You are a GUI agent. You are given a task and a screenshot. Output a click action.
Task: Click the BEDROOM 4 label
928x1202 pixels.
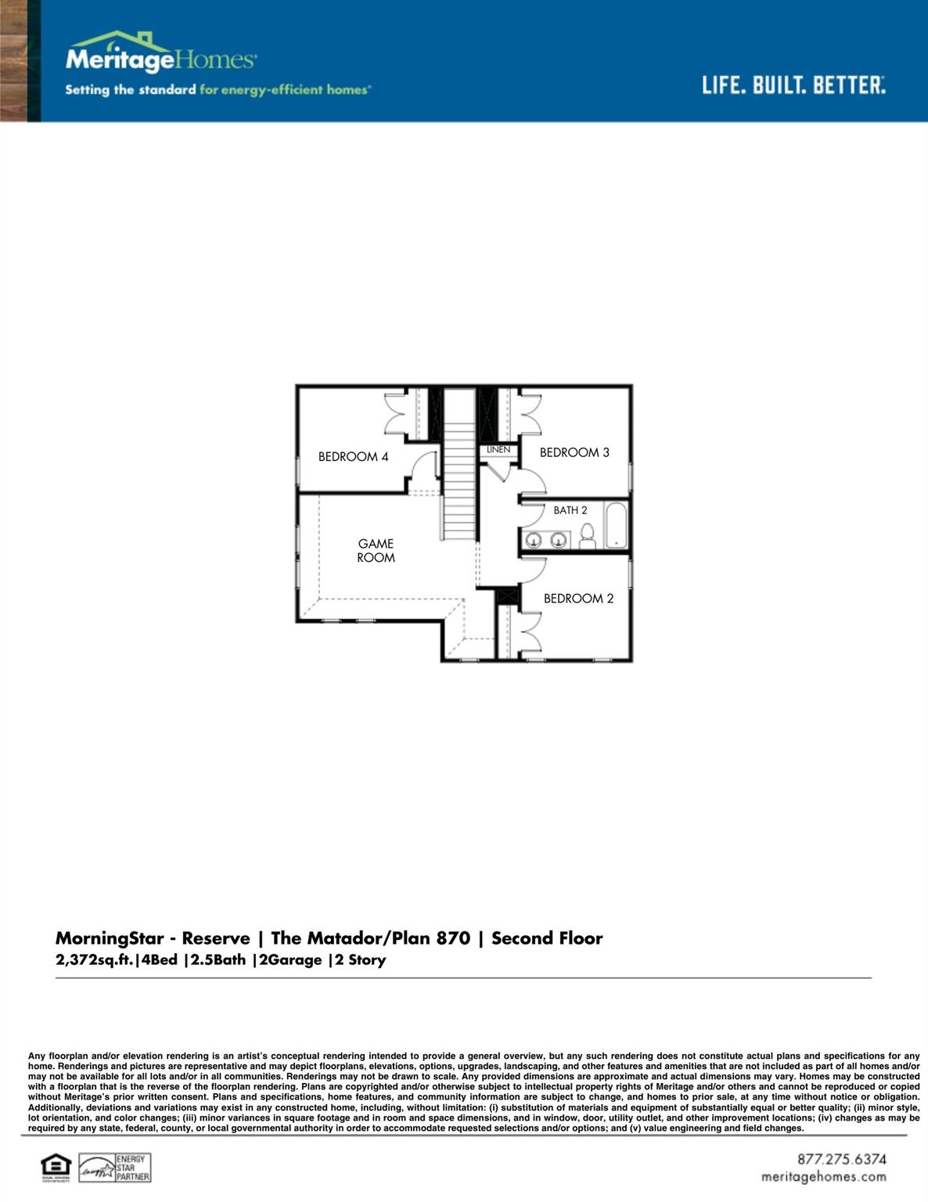pos(353,457)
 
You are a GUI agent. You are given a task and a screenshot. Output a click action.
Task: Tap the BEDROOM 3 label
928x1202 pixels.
pos(574,452)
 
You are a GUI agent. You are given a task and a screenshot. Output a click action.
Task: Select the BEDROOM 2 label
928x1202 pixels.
pos(578,599)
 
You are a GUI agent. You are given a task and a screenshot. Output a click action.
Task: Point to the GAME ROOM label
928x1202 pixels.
pos(376,550)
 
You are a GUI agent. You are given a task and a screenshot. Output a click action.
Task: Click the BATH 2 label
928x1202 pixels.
pos(570,510)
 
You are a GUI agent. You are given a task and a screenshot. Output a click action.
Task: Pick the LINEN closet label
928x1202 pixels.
pos(498,450)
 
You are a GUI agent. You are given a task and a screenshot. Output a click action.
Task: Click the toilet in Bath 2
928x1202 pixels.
pos(588,536)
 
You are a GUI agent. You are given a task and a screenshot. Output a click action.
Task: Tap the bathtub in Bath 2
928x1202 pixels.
pos(616,525)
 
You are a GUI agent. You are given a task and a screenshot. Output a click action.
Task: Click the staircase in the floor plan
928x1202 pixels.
pos(460,477)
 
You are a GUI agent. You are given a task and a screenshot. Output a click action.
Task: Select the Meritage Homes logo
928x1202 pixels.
pos(160,55)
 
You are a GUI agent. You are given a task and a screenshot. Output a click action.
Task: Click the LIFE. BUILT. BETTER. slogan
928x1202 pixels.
pos(793,85)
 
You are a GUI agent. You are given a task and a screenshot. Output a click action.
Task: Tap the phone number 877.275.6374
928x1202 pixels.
pos(842,1159)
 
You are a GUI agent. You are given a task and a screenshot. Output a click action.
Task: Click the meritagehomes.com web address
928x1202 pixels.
pos(824,1177)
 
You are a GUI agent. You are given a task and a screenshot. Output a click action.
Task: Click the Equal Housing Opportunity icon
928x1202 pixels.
pos(56,1167)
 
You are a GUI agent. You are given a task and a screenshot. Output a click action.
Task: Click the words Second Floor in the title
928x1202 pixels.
pos(547,938)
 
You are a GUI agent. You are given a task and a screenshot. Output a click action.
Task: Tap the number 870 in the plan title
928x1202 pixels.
pos(453,938)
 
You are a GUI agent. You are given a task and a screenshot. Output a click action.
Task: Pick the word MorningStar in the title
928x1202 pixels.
pos(110,938)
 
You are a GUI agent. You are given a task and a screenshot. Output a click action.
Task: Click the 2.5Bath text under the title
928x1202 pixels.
pos(218,960)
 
